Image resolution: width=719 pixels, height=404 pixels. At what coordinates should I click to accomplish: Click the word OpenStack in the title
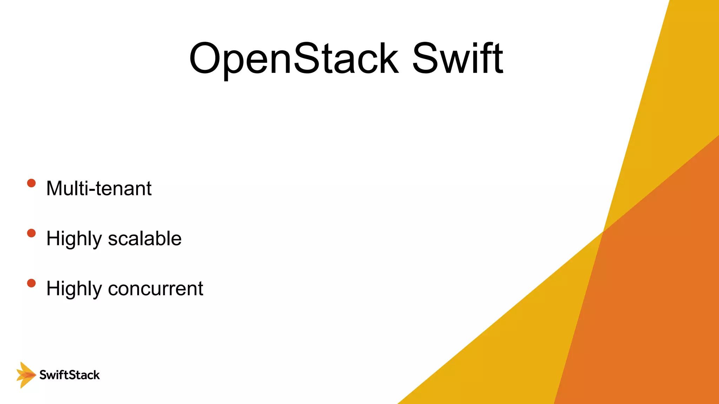click(x=293, y=59)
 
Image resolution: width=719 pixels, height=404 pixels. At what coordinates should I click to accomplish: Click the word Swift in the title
click(x=457, y=59)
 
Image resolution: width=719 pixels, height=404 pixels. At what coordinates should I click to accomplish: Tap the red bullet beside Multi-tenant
click(x=31, y=183)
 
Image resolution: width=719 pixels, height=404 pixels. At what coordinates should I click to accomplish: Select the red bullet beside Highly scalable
click(x=31, y=233)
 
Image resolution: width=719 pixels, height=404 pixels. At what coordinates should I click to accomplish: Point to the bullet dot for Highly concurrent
click(x=31, y=283)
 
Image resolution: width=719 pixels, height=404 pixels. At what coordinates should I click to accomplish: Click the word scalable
click(x=145, y=239)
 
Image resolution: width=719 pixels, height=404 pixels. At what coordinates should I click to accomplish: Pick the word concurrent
click(x=156, y=289)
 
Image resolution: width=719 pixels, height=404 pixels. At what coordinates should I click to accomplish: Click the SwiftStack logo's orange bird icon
click(x=26, y=375)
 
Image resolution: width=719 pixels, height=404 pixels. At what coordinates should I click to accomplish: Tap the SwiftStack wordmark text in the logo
click(x=70, y=375)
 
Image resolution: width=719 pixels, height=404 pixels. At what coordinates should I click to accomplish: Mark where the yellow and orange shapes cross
click(x=603, y=231)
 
